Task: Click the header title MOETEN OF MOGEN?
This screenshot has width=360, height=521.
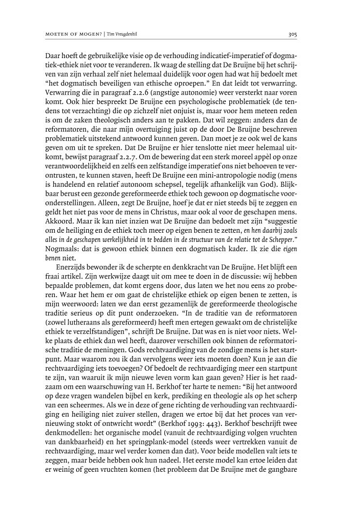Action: pos(72,34)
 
